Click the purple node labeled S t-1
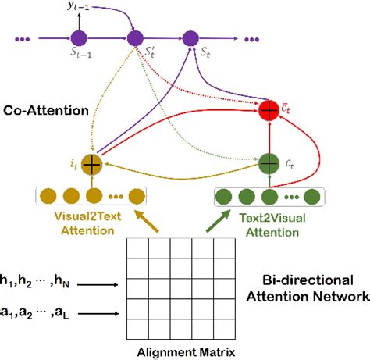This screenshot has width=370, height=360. pyautogui.click(x=78, y=37)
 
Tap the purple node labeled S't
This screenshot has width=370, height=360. pyautogui.click(x=135, y=37)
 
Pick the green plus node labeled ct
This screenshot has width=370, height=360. pyautogui.click(x=269, y=163)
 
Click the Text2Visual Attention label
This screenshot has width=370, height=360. pyautogui.click(x=269, y=226)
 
